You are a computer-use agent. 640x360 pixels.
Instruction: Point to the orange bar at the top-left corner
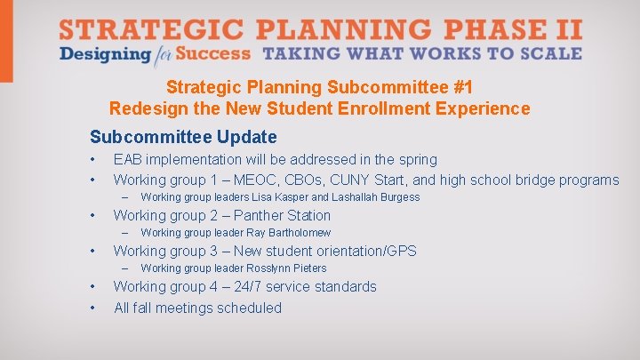[6, 41]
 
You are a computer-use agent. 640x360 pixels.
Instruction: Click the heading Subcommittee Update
[183, 137]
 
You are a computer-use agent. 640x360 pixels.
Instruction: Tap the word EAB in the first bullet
[128, 160]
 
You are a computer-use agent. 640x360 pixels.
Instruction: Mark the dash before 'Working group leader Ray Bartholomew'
[126, 233]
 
